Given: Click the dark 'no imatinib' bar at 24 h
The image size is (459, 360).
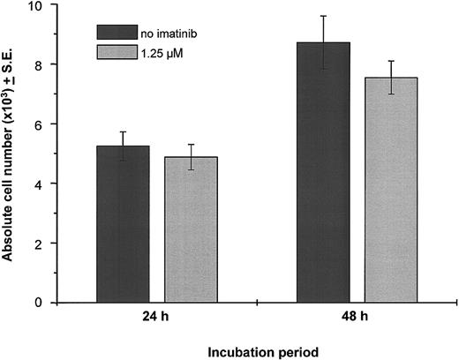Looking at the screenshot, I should click(123, 224).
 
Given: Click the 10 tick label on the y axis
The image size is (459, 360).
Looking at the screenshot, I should click(34, 6).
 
